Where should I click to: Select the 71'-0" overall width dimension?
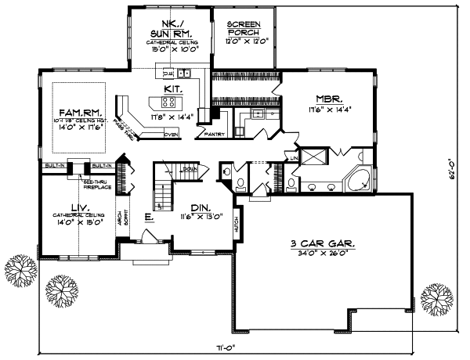click(228, 346)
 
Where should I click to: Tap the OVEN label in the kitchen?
click(170, 135)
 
